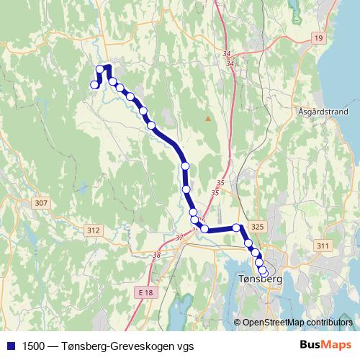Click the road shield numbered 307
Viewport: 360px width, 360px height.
click(x=40, y=204)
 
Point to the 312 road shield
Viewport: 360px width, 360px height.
click(x=92, y=230)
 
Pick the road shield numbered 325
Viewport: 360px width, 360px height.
click(x=259, y=227)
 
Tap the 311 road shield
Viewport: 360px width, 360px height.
click(x=323, y=246)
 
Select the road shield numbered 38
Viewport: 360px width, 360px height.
click(x=156, y=254)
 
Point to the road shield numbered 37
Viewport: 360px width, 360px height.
click(x=179, y=237)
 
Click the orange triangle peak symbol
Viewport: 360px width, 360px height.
click(x=208, y=118)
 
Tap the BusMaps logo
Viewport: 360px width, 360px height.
click(x=325, y=345)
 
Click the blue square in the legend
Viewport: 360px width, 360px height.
click(x=11, y=345)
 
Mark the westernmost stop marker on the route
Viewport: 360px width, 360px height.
click(x=94, y=85)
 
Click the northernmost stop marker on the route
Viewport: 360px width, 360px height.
click(x=100, y=69)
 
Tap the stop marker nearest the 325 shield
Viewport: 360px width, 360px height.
click(x=237, y=228)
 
